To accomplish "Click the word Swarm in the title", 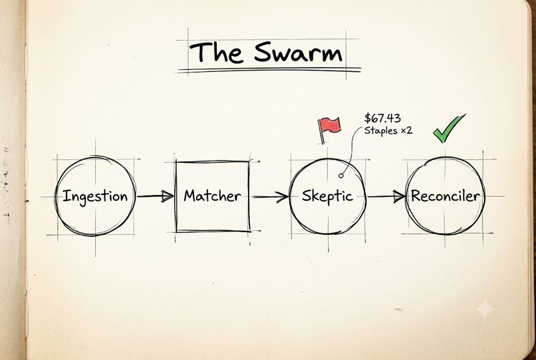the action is coord(298,53).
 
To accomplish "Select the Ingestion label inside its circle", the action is coord(95,197).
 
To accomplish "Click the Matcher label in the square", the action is coord(212,196).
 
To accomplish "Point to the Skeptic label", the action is coord(327,196).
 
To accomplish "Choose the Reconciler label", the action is coord(445,196).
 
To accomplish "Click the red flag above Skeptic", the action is coord(330,126).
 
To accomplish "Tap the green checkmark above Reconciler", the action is coord(449,128).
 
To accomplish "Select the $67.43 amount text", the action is coord(382,118).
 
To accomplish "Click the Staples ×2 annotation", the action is coord(388,130).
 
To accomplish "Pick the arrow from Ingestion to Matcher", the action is coord(155,196).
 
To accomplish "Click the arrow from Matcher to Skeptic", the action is coord(271,197).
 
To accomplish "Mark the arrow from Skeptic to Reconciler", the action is coord(386,196).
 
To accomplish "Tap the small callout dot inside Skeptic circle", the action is coord(340,176).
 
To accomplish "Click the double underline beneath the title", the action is coord(269,70).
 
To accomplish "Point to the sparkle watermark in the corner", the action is coord(485,309).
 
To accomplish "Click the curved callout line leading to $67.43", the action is coord(350,152).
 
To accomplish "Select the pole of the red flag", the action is coord(321,132).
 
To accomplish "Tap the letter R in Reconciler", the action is coord(417,196).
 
